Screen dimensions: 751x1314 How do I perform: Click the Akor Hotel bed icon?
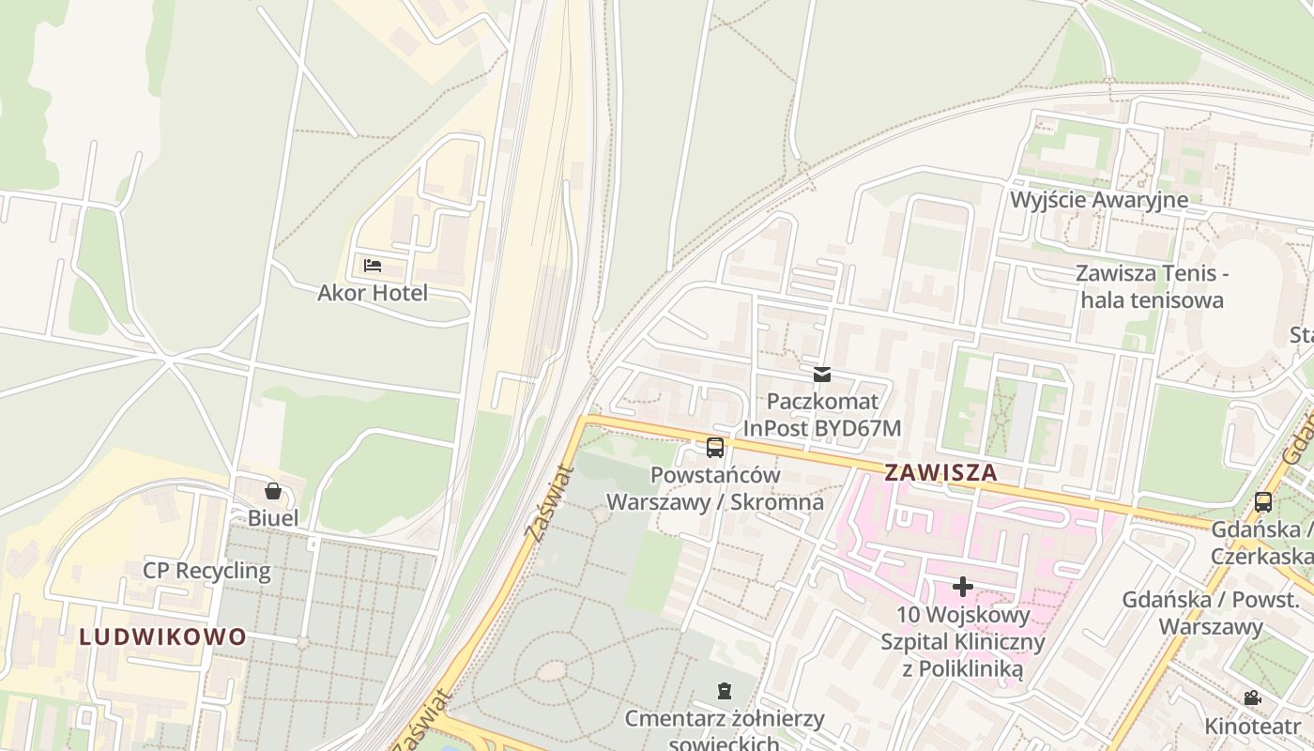tap(373, 266)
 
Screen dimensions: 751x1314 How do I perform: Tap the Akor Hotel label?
tap(373, 293)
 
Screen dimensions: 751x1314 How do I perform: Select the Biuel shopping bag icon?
tap(273, 491)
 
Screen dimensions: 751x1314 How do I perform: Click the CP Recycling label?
tap(206, 571)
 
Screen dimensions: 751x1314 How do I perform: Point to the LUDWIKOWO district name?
tap(163, 637)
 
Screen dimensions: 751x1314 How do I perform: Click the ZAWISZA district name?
tap(941, 472)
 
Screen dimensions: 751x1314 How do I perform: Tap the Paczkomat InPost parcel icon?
tap(822, 375)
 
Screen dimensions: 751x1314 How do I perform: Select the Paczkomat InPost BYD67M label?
tap(822, 415)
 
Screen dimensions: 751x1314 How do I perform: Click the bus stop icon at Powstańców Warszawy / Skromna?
tap(715, 448)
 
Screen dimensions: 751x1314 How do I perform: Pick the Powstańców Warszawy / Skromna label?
tap(715, 488)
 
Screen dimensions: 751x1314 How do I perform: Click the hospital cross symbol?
tap(963, 587)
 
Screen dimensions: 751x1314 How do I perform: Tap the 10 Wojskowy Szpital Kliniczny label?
tap(963, 642)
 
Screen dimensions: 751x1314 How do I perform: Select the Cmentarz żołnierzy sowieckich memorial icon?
tap(724, 692)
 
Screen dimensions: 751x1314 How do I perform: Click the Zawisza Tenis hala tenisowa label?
tap(1152, 287)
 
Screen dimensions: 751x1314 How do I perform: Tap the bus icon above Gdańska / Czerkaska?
tap(1263, 501)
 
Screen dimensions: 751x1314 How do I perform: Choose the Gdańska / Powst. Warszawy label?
tap(1211, 613)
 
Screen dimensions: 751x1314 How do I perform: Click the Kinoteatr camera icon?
tap(1252, 697)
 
